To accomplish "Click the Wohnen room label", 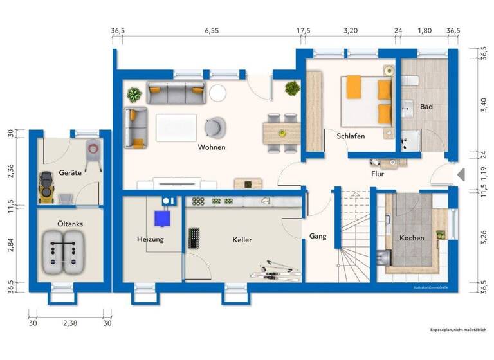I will (212, 147).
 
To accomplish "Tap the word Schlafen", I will (351, 136).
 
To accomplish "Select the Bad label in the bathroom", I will (426, 106).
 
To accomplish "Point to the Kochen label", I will (412, 238).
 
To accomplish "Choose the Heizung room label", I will (151, 239).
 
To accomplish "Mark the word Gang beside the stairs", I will (318, 236).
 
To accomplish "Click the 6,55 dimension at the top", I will (212, 30).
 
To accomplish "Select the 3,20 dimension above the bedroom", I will (350, 30).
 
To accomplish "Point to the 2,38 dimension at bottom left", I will (69, 324).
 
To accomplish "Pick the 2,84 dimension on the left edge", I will (10, 244).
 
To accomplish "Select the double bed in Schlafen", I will (366, 100).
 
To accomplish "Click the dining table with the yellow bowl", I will (280, 133).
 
